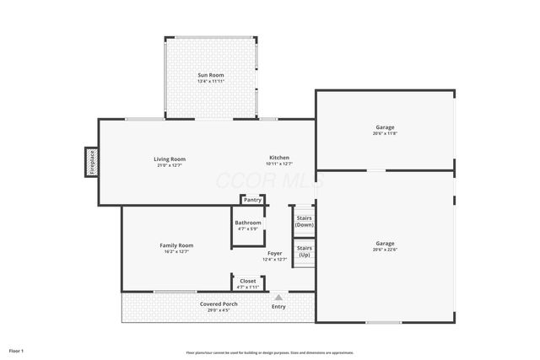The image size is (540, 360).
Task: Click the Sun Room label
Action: (211, 76)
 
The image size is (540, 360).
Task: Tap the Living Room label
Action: (170, 159)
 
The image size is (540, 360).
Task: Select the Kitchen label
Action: (279, 158)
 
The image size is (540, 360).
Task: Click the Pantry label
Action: (252, 200)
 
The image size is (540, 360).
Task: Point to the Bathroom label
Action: (248, 223)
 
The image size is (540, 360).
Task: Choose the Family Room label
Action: (176, 245)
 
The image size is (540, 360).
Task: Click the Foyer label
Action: (275, 253)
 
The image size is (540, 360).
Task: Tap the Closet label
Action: (248, 281)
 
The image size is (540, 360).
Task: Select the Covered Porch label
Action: (219, 304)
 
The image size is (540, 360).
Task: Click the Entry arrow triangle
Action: (278, 297)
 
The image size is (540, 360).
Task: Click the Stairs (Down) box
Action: (305, 221)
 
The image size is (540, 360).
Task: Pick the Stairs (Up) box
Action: (305, 251)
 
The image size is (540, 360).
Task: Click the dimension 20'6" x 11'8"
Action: (385, 133)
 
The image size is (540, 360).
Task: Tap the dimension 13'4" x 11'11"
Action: (211, 82)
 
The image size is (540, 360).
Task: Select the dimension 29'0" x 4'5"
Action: (219, 309)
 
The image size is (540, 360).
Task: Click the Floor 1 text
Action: (16, 350)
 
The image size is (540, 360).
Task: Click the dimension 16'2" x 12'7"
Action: (176, 251)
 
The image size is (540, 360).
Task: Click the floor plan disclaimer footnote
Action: (269, 352)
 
